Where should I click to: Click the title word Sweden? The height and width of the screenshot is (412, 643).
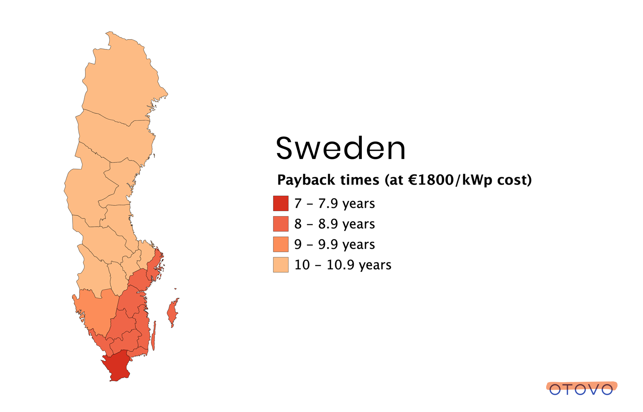(x=340, y=149)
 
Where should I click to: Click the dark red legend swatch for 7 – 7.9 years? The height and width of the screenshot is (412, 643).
(x=281, y=203)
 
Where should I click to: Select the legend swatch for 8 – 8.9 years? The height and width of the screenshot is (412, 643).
(x=281, y=224)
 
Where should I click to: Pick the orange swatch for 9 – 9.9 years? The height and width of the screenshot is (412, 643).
(x=281, y=244)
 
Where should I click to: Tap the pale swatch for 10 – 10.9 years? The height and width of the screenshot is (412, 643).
(x=281, y=264)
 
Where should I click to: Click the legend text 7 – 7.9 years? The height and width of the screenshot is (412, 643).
(x=334, y=204)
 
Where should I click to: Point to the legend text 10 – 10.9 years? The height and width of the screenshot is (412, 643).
(x=343, y=265)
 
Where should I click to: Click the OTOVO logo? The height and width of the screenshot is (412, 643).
(x=581, y=388)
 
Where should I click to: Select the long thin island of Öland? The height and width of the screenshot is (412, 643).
(x=154, y=337)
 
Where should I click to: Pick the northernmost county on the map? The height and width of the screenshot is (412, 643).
(x=122, y=78)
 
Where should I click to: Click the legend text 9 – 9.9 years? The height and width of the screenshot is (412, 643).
(x=334, y=244)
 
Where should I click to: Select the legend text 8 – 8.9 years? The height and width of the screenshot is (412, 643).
(x=334, y=224)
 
